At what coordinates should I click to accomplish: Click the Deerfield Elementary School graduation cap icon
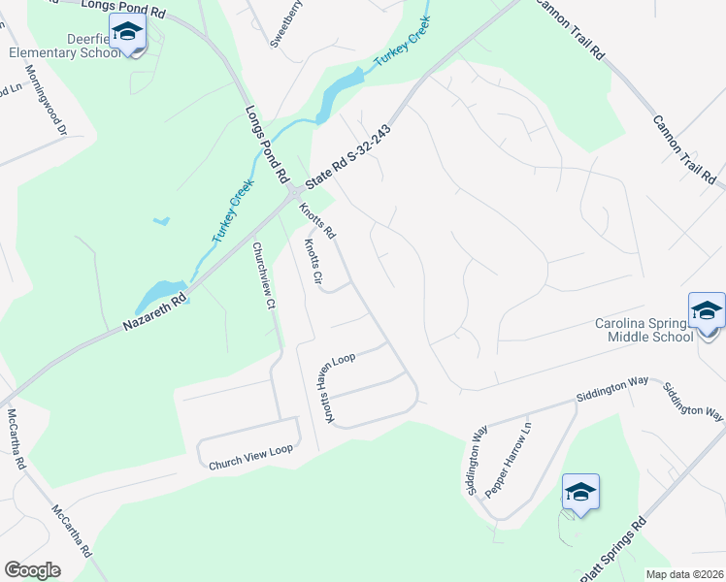click(x=126, y=33)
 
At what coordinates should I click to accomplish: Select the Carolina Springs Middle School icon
click(x=706, y=311)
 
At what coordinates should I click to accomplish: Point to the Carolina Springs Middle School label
click(x=643, y=330)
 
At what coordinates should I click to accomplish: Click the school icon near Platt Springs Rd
click(x=580, y=493)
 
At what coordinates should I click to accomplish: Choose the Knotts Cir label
click(x=313, y=262)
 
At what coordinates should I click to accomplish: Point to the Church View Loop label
click(x=250, y=459)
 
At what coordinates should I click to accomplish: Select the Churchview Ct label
click(x=258, y=276)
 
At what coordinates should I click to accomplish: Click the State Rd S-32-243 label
click(x=347, y=157)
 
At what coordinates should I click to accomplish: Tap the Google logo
click(x=32, y=570)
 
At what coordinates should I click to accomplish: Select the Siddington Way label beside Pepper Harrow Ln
click(x=477, y=458)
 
